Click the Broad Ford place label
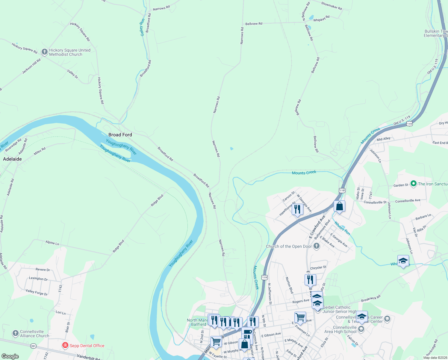tap(120, 135)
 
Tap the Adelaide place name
tap(12, 159)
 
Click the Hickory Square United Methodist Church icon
tap(44, 52)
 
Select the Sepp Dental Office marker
tap(65, 345)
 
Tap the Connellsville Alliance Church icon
tap(16, 333)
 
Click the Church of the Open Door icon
tap(317, 246)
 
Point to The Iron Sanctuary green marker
tap(414, 183)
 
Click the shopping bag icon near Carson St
tap(339, 206)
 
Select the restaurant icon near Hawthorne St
tap(297, 209)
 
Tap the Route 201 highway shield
tap(33, 346)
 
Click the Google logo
tap(10, 356)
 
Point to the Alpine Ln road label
tap(52, 243)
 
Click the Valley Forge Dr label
tap(37, 292)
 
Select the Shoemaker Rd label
tap(331, 6)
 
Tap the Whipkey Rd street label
tap(321, 19)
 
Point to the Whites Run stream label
tap(342, 228)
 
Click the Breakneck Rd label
tap(371, 298)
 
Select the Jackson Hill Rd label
tap(31, 67)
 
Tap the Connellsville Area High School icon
tap(361, 329)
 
